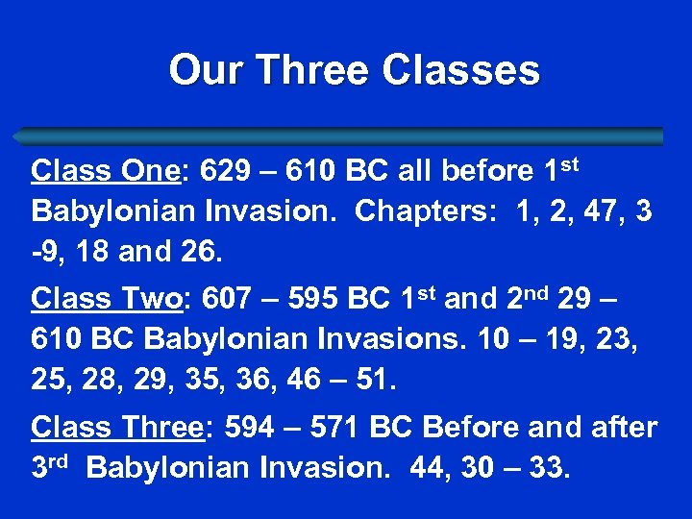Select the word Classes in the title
460,70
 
